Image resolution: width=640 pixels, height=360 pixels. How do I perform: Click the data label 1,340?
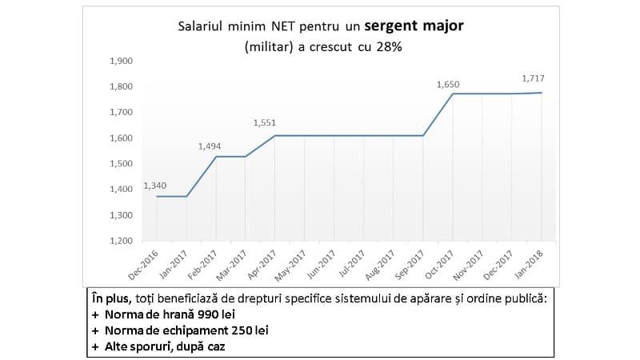(x=154, y=186)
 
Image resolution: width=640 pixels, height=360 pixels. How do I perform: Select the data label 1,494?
(x=210, y=146)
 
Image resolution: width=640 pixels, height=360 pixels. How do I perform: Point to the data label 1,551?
(x=264, y=123)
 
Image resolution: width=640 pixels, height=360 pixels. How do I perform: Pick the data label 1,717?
(x=534, y=78)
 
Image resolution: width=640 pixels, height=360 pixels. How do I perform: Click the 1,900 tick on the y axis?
(x=122, y=61)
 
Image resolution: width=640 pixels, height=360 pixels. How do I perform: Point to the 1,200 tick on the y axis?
(x=122, y=241)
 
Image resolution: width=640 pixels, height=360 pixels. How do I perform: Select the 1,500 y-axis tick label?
(x=122, y=164)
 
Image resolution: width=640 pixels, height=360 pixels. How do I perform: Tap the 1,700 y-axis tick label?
(x=122, y=112)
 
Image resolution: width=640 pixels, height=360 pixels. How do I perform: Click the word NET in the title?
(x=286, y=26)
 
